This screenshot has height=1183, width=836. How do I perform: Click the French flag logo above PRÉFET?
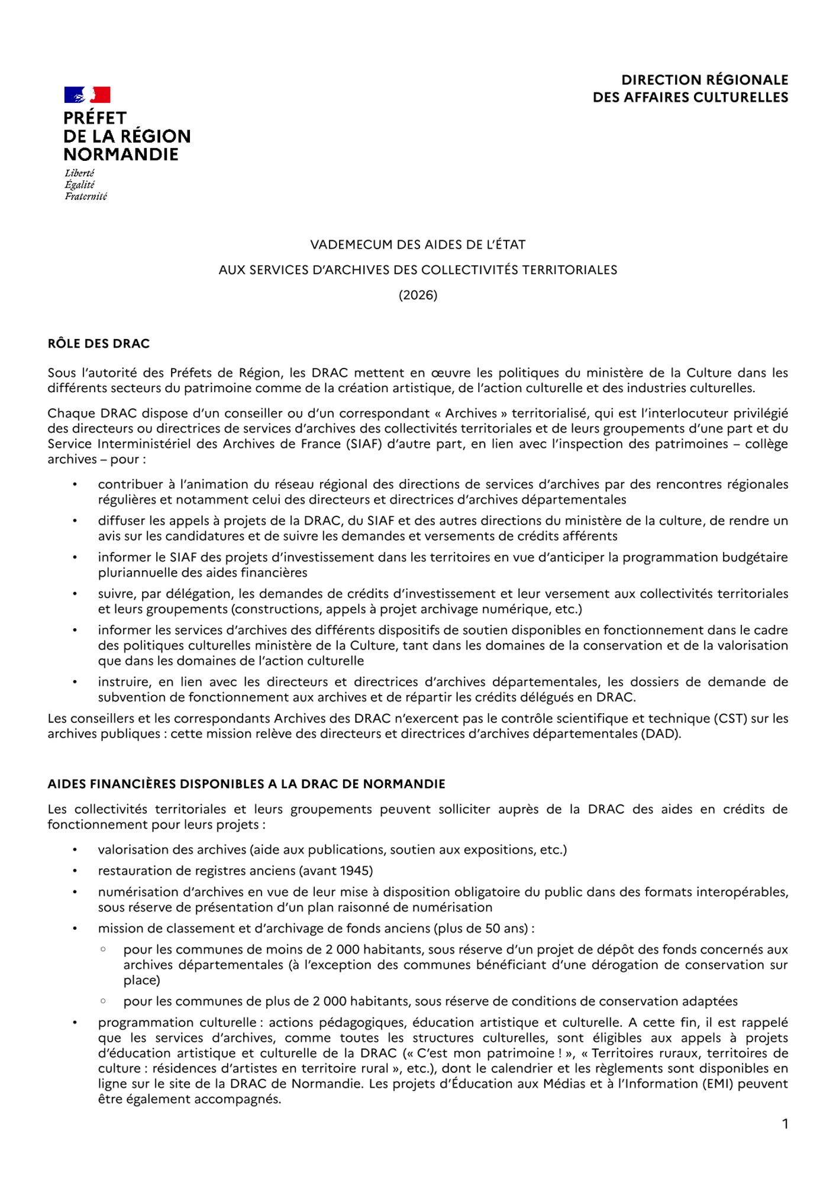click(87, 95)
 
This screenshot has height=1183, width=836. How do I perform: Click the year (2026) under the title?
click(418, 295)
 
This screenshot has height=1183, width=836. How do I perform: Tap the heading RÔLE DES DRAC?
click(99, 344)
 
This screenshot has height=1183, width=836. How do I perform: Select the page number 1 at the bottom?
click(785, 1124)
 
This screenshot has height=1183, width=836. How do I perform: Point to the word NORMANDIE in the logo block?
click(121, 155)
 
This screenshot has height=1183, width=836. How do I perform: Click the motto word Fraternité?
click(86, 196)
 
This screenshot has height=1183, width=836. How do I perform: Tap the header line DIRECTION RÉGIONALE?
click(704, 80)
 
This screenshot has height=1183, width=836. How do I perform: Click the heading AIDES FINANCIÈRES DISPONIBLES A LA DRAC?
click(246, 784)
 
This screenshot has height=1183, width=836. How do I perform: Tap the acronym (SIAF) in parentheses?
click(365, 444)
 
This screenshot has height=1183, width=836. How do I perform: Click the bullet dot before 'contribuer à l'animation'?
click(75, 484)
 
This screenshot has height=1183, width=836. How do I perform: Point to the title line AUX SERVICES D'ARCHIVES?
click(418, 270)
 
